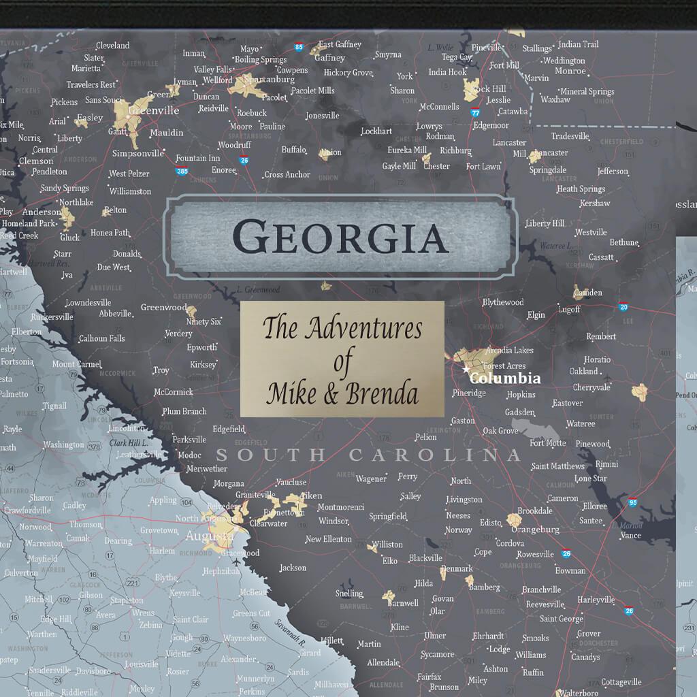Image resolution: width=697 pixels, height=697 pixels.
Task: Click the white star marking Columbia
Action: pos(466,370)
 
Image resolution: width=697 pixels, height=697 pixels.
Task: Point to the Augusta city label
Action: pos(209,536)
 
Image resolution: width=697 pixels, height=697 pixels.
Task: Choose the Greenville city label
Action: pos(153,110)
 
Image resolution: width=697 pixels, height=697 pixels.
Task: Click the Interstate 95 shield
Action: pos(633,503)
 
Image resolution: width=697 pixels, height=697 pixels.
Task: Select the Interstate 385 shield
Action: pos(182,172)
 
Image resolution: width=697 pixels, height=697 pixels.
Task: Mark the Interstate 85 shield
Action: pos(299,47)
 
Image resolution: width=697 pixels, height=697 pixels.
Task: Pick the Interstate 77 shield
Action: pos(475,112)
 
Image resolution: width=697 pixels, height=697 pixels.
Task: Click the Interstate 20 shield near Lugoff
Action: pos(623,306)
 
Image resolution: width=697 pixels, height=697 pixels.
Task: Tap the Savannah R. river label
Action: pos(291,633)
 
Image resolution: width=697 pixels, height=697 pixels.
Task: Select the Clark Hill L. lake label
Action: pos(129,443)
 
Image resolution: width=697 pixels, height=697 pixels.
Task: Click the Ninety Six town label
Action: pos(204,321)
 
